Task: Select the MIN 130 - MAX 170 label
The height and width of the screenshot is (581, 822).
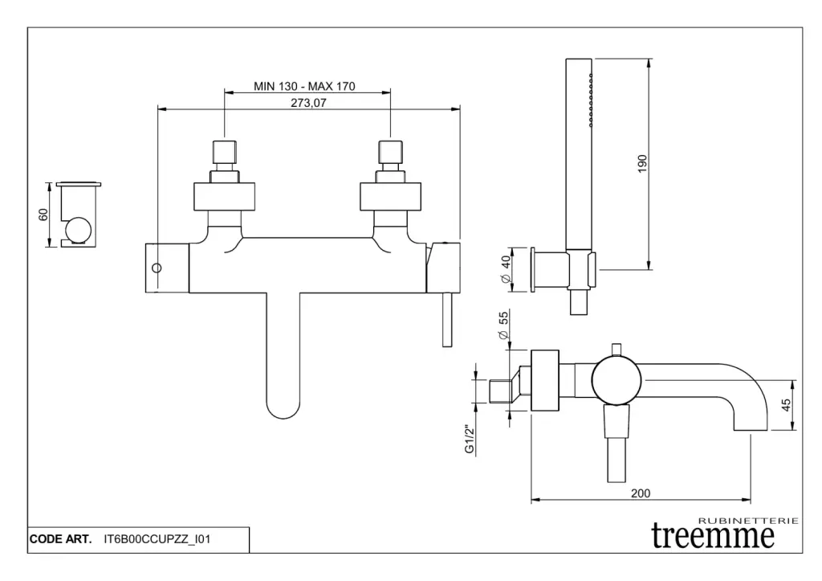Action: pyautogui.click(x=304, y=86)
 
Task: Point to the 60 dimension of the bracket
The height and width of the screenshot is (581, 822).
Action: pyautogui.click(x=43, y=214)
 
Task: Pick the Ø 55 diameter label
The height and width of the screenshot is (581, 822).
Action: pyautogui.click(x=504, y=326)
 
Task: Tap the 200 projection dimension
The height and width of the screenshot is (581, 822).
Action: pyautogui.click(x=640, y=493)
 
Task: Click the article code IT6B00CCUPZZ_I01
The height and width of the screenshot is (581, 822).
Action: pyautogui.click(x=157, y=539)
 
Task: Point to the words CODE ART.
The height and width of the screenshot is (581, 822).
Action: pyautogui.click(x=60, y=539)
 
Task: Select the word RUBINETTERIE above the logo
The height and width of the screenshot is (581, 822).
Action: pyautogui.click(x=749, y=521)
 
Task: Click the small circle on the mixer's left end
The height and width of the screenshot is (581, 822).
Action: pyautogui.click(x=157, y=267)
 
